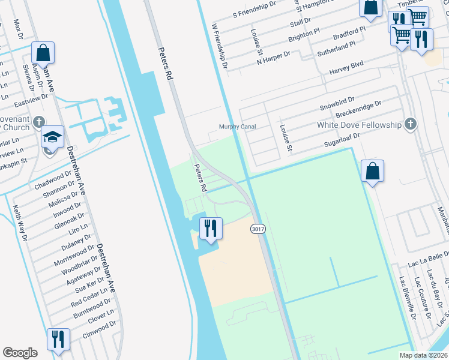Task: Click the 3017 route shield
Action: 258,229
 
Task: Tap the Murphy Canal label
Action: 237,127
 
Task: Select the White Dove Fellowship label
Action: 359,125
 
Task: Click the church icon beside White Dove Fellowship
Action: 410,124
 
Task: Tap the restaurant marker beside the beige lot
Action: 211,229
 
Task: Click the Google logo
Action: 20,353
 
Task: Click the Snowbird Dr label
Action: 337,103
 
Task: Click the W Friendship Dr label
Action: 220,46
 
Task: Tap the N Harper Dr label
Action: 273,58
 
